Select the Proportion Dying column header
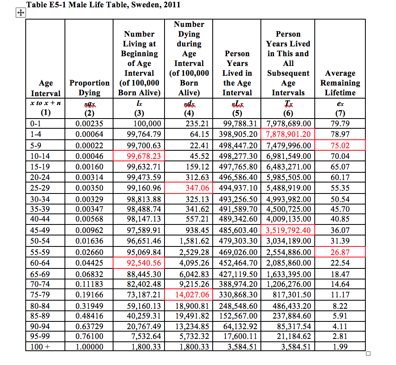89,88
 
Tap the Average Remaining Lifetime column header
340,83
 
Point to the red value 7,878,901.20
288,134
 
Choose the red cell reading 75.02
340,145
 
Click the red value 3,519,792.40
288,230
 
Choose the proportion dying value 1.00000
89,347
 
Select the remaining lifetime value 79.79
340,123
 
